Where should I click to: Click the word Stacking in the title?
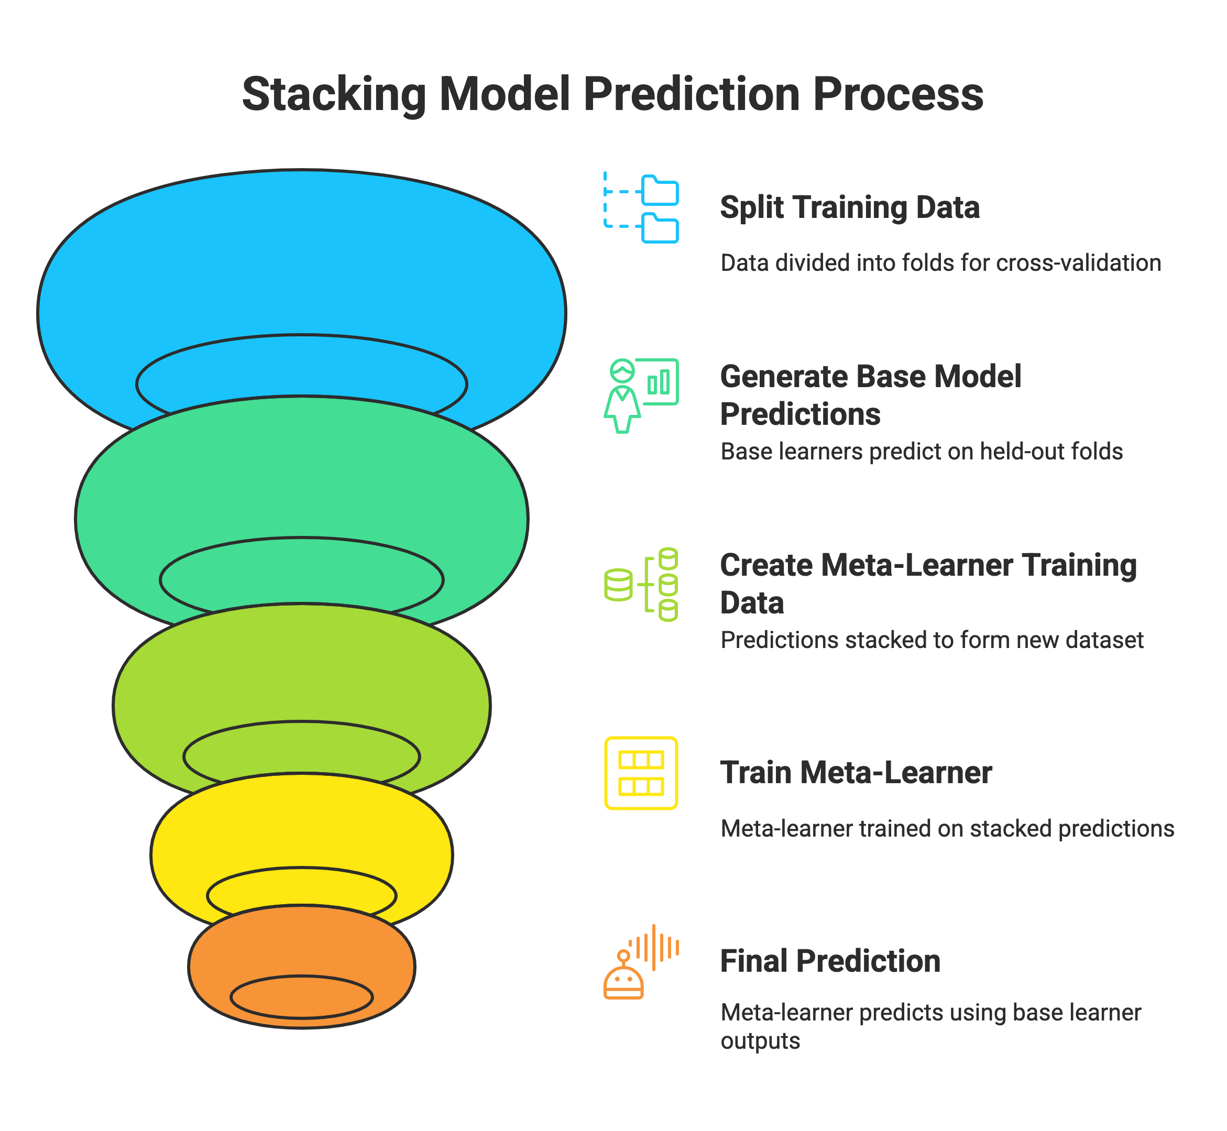pyautogui.click(x=334, y=94)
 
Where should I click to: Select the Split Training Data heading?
pyautogui.click(x=849, y=207)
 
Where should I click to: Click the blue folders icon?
pyautogui.click(x=641, y=208)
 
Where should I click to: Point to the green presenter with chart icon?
pyautogui.click(x=641, y=396)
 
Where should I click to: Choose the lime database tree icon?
pyautogui.click(x=641, y=585)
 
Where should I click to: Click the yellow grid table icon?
pyautogui.click(x=641, y=773)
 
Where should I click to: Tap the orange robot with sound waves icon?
pyautogui.click(x=641, y=962)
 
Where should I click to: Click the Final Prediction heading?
pyautogui.click(x=830, y=961)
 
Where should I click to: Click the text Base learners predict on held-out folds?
pyautogui.click(x=921, y=452)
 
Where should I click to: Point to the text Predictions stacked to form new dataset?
pyautogui.click(x=932, y=640)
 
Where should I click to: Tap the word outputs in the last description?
pyautogui.click(x=760, y=1041)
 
